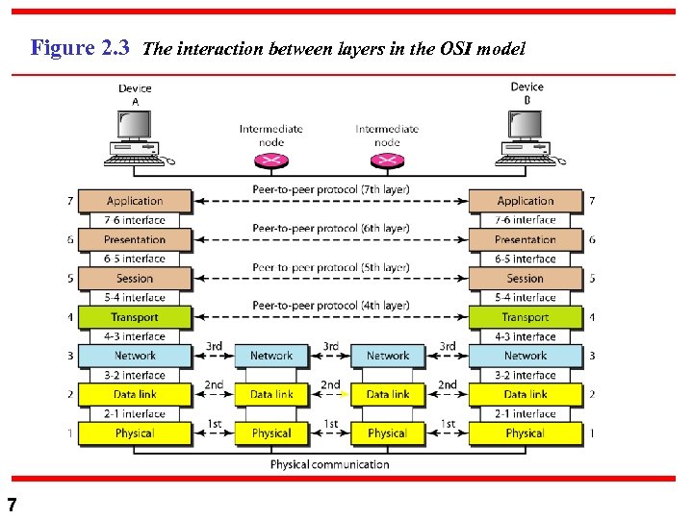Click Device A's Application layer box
click(x=135, y=201)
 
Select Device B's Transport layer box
click(x=526, y=317)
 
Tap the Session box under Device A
click(x=135, y=278)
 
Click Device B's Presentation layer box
click(x=526, y=239)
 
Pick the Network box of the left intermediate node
click(x=271, y=356)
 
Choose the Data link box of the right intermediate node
click(x=388, y=394)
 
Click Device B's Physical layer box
click(x=526, y=433)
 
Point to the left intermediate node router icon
click(x=272, y=160)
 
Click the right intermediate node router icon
click(x=387, y=160)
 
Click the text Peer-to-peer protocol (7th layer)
click(x=330, y=189)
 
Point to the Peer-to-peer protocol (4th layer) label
click(x=330, y=306)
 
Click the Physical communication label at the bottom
click(x=330, y=465)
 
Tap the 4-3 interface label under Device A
click(x=135, y=336)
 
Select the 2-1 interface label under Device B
click(x=526, y=414)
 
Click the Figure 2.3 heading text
click(x=80, y=48)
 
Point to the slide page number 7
click(x=12, y=504)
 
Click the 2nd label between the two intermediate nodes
click(x=330, y=384)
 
